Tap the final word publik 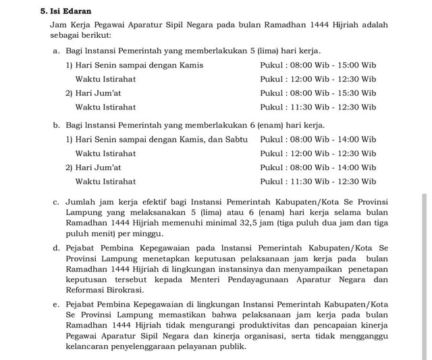click(233, 346)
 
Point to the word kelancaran click(90, 346)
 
